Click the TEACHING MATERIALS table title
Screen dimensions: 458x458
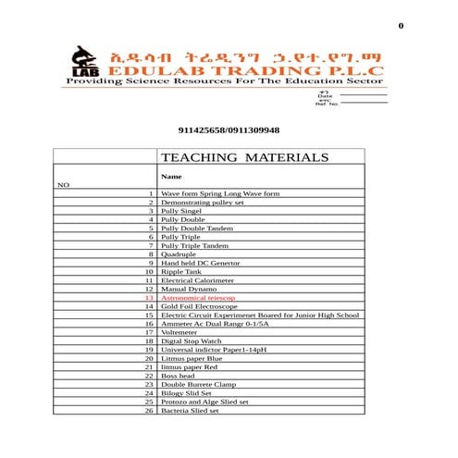pos(244,158)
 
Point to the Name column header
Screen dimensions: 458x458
pos(171,176)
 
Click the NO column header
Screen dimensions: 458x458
pos(63,185)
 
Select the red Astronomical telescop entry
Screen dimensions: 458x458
pos(198,298)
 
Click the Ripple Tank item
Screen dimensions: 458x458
pos(179,272)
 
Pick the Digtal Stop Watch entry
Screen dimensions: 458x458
pos(192,341)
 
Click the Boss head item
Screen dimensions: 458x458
pos(178,376)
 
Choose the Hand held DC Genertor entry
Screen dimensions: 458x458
pos(200,264)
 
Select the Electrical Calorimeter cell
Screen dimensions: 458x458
pos(197,280)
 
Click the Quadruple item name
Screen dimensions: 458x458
pos(178,254)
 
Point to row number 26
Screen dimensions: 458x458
pos(149,410)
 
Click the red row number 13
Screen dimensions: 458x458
pos(149,298)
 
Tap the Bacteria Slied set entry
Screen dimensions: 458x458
pos(190,410)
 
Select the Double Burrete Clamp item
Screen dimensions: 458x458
pos(198,384)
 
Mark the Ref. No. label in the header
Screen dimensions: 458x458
pos(328,104)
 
